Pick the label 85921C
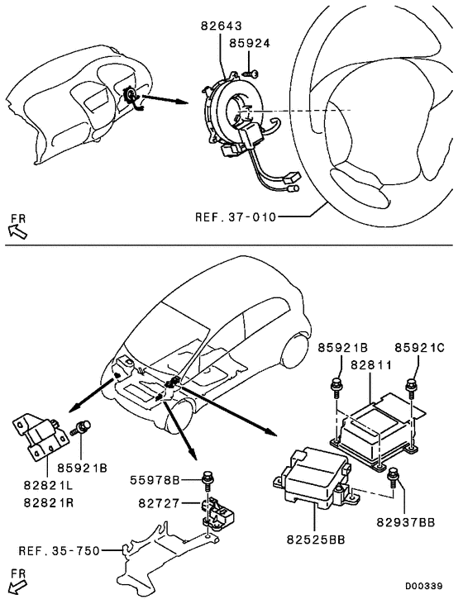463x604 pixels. [x=419, y=348]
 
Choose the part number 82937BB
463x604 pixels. [x=405, y=523]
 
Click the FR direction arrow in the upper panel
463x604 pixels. [x=17, y=226]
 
